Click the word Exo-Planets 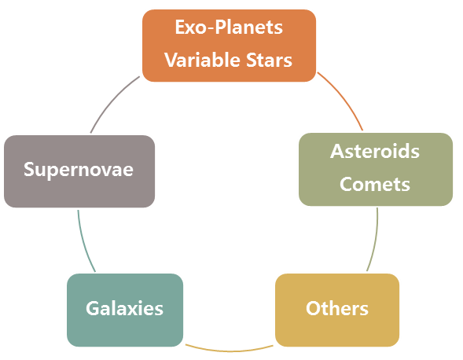point(229,28)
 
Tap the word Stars point(269,60)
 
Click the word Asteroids point(375,151)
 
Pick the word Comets point(375,184)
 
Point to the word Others point(337,308)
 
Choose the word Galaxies point(125,308)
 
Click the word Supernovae point(79,170)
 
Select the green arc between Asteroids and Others point(375,240)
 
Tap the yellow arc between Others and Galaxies point(230,351)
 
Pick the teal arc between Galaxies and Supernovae point(83,241)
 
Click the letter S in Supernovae point(29,170)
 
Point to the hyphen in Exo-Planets point(211,29)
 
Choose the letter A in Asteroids point(337,151)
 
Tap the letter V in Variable point(171,60)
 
